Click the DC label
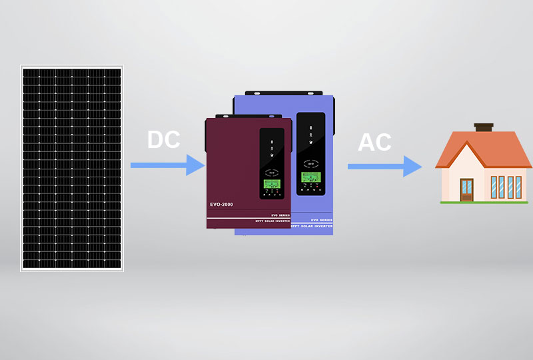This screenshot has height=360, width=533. pyautogui.click(x=164, y=140)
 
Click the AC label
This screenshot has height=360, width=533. pyautogui.click(x=374, y=142)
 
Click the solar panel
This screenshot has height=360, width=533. pyautogui.click(x=72, y=167)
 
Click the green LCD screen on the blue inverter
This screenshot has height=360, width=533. pyautogui.click(x=310, y=178)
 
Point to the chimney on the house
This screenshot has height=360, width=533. pyautogui.click(x=483, y=127)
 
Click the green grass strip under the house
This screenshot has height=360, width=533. pyautogui.click(x=483, y=201)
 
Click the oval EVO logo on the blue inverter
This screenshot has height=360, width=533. pyautogui.click(x=310, y=163)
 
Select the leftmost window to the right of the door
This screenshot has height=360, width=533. pyautogui.click(x=494, y=186)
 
